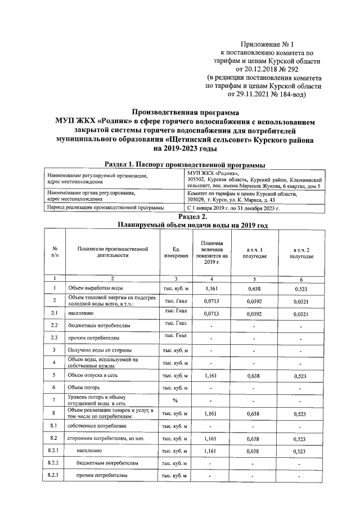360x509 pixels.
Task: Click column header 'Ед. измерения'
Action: coord(175,253)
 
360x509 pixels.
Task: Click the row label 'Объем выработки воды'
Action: coord(93,289)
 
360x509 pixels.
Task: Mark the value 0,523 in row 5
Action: coord(301,376)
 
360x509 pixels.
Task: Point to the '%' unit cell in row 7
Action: coord(175,401)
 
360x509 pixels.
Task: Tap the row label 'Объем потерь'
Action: coord(84,388)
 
